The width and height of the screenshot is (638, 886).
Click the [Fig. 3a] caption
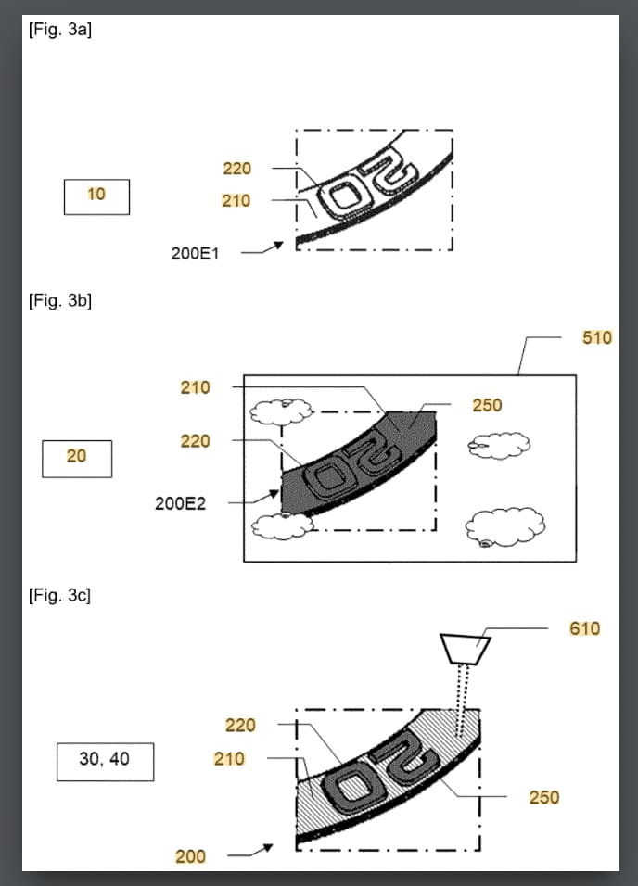click(60, 30)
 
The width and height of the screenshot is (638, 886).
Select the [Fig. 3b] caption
click(60, 300)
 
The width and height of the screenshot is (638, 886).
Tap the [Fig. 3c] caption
click(59, 595)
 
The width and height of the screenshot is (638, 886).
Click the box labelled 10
click(96, 196)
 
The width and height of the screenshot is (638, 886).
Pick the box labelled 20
click(77, 459)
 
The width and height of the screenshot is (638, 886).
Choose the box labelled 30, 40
click(105, 762)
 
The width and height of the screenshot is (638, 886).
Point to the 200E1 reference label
click(195, 254)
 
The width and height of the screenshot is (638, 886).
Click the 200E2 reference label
click(181, 503)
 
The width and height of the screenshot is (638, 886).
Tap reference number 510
click(597, 337)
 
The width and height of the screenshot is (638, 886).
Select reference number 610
click(585, 628)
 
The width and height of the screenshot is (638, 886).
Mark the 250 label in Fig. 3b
click(487, 405)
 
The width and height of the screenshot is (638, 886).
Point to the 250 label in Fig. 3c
click(544, 797)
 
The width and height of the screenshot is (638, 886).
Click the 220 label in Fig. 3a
click(237, 169)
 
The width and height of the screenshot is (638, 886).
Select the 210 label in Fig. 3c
click(229, 758)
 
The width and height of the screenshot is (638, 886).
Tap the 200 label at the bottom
click(190, 856)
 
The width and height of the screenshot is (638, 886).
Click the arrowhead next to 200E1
click(278, 246)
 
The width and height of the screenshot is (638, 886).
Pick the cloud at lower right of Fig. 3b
click(505, 527)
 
